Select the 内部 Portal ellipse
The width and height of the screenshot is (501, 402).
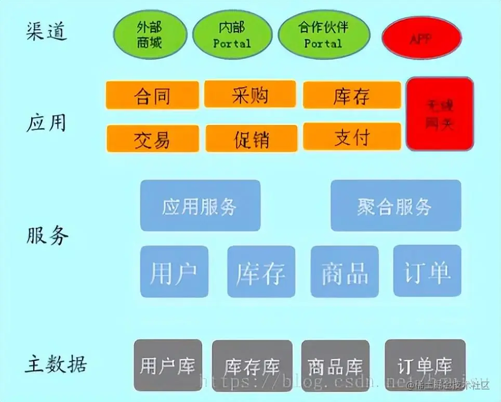point(232,35)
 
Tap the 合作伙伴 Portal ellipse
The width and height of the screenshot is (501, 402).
point(324,35)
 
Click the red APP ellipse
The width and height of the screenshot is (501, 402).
point(421,40)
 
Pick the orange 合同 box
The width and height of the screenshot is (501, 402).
point(152,95)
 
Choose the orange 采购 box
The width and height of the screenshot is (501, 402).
point(250,94)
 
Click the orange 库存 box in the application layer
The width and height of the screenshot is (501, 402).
point(352,95)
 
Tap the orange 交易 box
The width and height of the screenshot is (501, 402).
point(152,139)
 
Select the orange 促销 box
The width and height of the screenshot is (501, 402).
point(252,139)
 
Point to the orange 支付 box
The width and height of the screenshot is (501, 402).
point(352,136)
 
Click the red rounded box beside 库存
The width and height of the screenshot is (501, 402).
point(440,114)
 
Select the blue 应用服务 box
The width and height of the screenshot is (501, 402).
point(200,206)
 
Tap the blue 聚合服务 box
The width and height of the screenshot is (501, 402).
point(395,206)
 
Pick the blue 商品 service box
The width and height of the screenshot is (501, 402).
point(344,272)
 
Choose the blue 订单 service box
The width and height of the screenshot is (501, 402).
point(427,272)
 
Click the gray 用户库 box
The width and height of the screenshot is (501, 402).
point(167,366)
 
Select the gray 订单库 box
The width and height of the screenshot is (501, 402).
point(425,366)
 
